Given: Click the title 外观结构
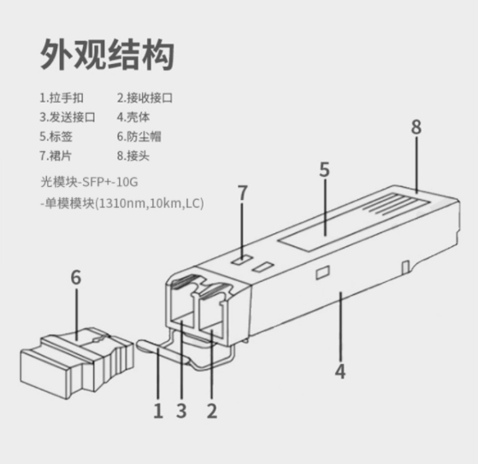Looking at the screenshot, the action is (107, 55).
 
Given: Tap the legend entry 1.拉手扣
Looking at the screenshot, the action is (62, 98).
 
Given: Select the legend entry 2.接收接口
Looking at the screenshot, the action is (145, 98).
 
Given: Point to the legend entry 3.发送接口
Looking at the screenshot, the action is (68, 117).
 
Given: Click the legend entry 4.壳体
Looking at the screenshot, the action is (133, 117).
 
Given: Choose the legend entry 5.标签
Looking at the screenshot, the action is (56, 137).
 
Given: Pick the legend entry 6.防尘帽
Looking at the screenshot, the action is (139, 137).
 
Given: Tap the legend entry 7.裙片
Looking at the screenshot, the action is (56, 156).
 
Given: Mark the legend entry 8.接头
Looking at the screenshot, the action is (133, 156).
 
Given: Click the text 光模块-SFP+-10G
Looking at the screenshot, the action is (89, 182).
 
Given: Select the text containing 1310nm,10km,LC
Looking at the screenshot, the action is (122, 203).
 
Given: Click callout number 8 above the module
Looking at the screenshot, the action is (416, 126).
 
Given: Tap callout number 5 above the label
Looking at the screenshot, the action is (325, 169).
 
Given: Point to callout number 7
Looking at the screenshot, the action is (242, 193).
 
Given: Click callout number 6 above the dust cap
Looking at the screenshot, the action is (76, 277).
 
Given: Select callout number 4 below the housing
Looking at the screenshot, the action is (340, 371).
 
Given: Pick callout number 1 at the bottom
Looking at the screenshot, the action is (158, 410).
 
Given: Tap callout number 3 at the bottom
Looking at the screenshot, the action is (181, 410).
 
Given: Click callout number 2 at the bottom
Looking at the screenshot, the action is (212, 410).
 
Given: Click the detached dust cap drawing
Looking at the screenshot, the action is (76, 363).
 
